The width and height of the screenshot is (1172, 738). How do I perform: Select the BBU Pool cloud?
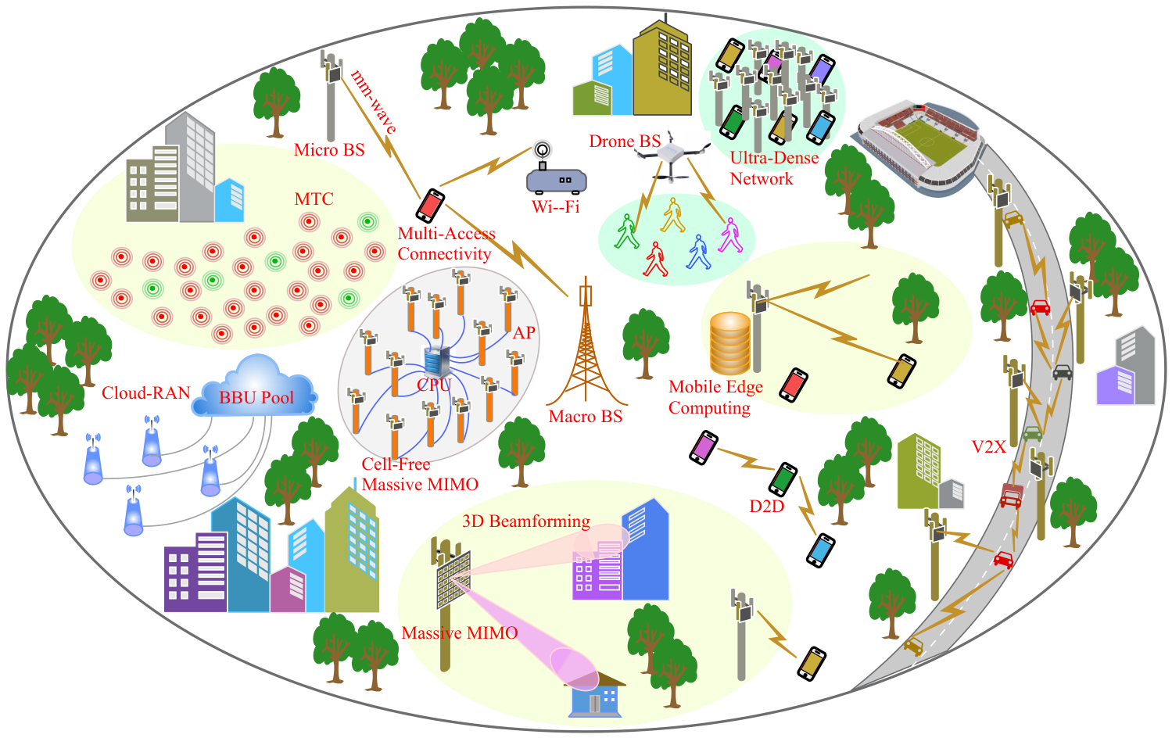(x=255, y=387)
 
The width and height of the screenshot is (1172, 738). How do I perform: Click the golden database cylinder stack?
(x=730, y=342)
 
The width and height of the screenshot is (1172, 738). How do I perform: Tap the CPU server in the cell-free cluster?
(x=437, y=362)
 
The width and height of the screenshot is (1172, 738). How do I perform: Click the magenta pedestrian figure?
(x=730, y=235)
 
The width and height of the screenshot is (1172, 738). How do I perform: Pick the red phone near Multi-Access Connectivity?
(x=430, y=206)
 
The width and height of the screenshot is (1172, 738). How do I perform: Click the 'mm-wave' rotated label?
(x=373, y=102)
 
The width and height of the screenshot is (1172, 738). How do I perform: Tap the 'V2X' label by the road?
(x=988, y=446)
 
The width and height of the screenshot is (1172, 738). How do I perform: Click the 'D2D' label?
(x=766, y=506)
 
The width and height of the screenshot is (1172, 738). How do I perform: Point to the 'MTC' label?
(x=314, y=199)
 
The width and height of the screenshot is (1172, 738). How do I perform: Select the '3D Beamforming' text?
(x=526, y=521)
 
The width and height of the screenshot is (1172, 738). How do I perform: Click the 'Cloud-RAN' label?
(x=145, y=392)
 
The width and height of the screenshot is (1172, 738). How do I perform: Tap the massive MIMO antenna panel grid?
(x=453, y=579)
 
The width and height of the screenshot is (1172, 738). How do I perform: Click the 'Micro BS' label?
(x=329, y=149)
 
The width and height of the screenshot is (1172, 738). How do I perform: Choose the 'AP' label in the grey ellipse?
(x=525, y=333)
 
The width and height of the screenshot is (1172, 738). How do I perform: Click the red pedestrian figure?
(x=656, y=259)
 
